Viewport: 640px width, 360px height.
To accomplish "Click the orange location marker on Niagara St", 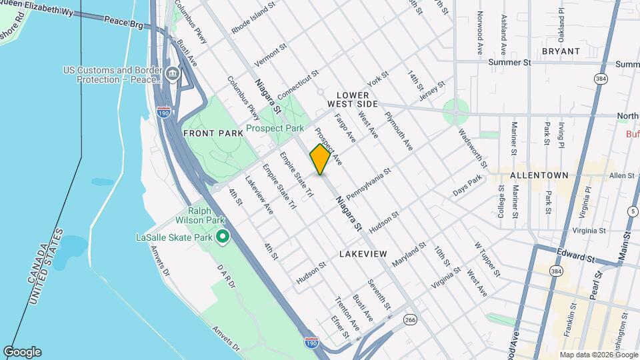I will point(321,159).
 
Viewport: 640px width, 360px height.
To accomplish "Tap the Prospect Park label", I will point(275,128).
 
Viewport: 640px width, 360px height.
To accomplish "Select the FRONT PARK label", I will point(213,133).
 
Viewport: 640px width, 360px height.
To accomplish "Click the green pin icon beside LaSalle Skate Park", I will point(223,237).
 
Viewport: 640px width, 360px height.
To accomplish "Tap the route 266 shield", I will point(409,320).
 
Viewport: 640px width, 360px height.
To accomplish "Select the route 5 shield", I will point(632,211).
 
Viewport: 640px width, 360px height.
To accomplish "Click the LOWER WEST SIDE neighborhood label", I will point(353,100).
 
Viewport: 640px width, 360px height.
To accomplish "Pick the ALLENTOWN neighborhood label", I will point(539,175).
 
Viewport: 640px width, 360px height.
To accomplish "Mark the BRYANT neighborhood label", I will point(561,51).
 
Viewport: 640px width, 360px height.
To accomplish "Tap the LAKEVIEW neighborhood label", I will point(363,254).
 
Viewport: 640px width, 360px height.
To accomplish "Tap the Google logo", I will point(22,352).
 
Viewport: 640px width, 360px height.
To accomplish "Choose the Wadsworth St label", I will point(473,146).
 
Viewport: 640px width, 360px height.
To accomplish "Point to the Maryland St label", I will point(409,255).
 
